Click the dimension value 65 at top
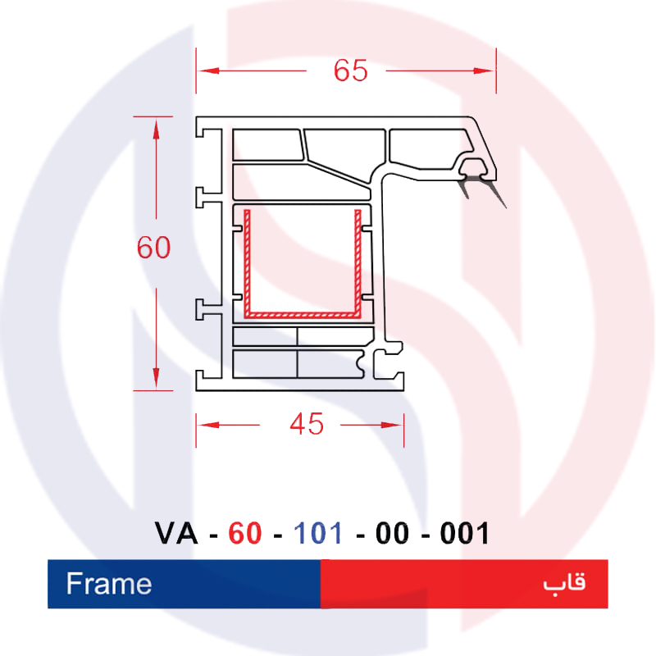click(x=350, y=71)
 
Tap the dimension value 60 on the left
click(x=153, y=247)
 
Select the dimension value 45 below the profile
click(x=307, y=424)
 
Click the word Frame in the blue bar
click(x=109, y=584)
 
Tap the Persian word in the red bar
click(x=564, y=584)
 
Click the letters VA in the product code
click(x=176, y=535)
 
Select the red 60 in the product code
click(x=245, y=535)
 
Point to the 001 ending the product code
click(x=465, y=535)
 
